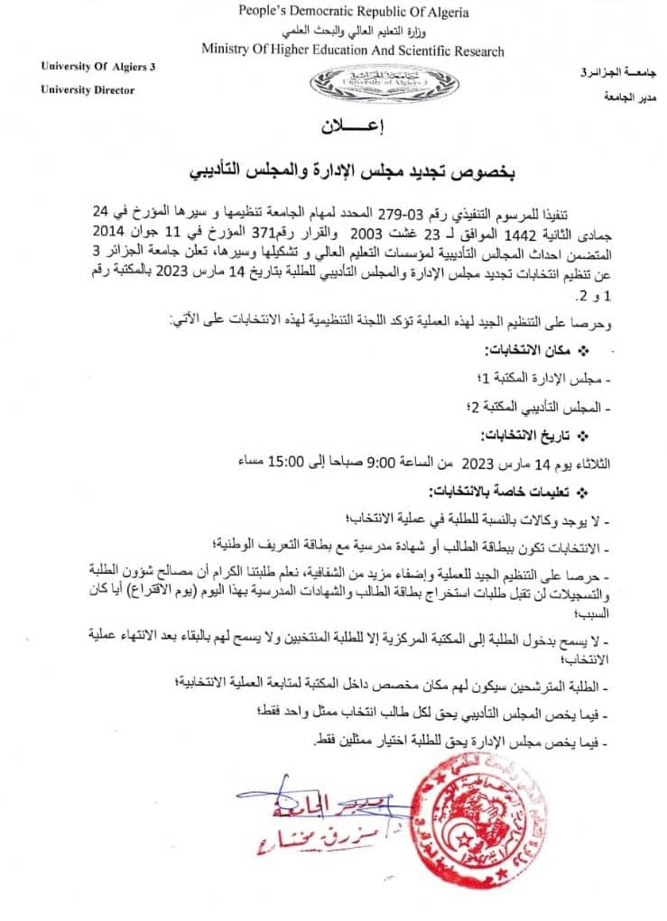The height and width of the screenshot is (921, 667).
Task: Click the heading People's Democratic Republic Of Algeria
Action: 353,12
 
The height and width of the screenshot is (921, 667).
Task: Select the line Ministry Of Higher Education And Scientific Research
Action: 352,51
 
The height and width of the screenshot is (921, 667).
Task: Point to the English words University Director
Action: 88,90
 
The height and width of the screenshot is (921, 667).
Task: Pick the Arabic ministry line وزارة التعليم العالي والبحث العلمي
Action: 353,32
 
